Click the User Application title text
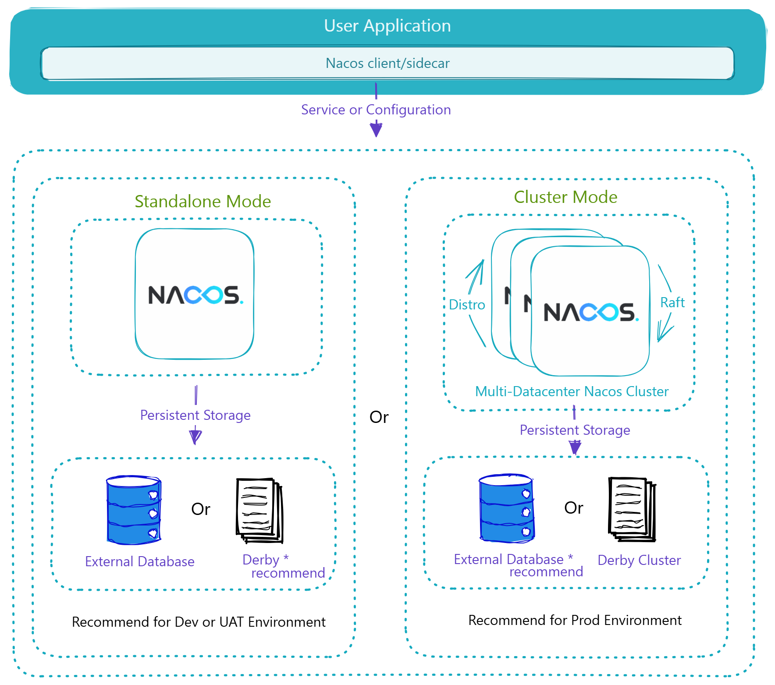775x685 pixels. coord(387,26)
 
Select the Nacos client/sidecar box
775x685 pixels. coord(387,63)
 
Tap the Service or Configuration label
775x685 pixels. coord(376,110)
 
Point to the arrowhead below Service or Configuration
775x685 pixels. coord(376,130)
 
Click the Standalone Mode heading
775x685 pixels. coord(203,202)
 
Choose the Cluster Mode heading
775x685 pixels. coord(565,197)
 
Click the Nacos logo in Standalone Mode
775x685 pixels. coord(195,295)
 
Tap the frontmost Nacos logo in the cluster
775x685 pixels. coord(590,312)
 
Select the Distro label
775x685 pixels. coord(467,305)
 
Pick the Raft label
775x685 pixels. coord(672,302)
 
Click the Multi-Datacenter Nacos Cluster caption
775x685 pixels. coord(572,391)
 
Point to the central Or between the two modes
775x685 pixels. coord(379,417)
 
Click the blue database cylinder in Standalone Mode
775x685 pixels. coord(134,510)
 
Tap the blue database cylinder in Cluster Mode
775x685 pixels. coord(507,508)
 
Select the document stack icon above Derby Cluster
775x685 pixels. coord(632,509)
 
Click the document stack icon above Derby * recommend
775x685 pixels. coord(260,511)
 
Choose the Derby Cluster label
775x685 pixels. coord(639,560)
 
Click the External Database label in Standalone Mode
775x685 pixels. coord(139,561)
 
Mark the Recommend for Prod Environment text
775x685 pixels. coord(575,620)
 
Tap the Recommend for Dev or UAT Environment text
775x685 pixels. coord(199,622)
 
